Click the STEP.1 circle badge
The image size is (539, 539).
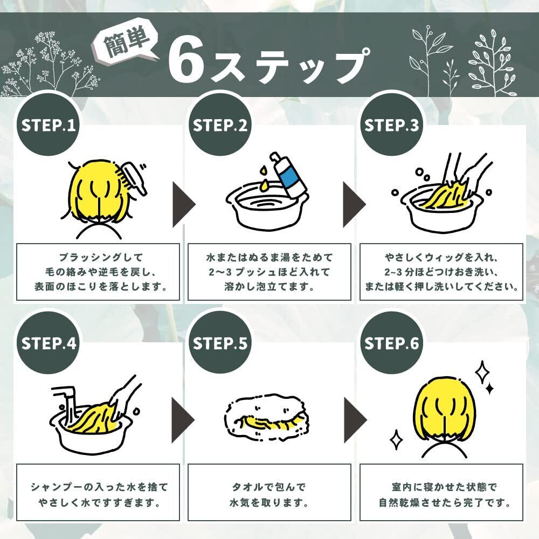pos(48,125)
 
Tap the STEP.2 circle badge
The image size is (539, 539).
pos(220,125)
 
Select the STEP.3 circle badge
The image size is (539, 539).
pos(391,125)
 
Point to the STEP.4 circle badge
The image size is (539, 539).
pos(48,343)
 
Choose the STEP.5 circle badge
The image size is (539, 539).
pos(220,343)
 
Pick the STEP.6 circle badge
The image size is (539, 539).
pos(391,343)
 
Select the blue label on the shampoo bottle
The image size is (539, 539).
pos(288,178)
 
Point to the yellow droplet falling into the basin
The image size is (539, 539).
pos(264,185)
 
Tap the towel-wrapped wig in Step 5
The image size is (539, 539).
pos(265,417)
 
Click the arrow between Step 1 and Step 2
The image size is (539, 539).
pos(183,205)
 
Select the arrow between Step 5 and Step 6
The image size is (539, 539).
pos(355,420)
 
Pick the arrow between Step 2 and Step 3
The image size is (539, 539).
pos(355,205)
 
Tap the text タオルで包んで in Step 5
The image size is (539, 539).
pos(269,487)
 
